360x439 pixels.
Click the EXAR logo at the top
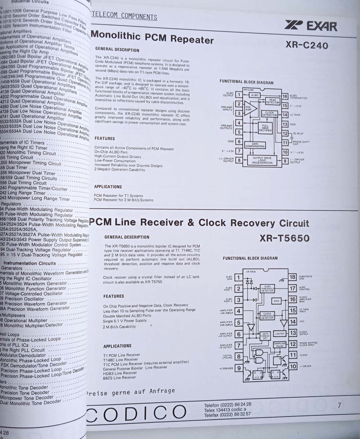[311, 26]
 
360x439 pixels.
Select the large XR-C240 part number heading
[307, 45]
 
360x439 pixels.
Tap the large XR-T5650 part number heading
[284, 239]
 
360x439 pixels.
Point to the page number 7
[339, 405]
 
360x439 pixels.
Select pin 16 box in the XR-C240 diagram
[285, 96]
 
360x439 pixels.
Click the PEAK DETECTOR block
[272, 101]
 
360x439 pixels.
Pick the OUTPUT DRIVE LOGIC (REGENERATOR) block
[262, 160]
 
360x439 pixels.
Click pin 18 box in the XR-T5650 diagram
[292, 277]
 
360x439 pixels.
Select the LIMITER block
[280, 334]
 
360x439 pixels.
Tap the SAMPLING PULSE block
[280, 344]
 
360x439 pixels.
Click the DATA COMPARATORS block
[255, 145]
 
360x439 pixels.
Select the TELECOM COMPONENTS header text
[125, 16]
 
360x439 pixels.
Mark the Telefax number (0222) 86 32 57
[228, 414]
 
